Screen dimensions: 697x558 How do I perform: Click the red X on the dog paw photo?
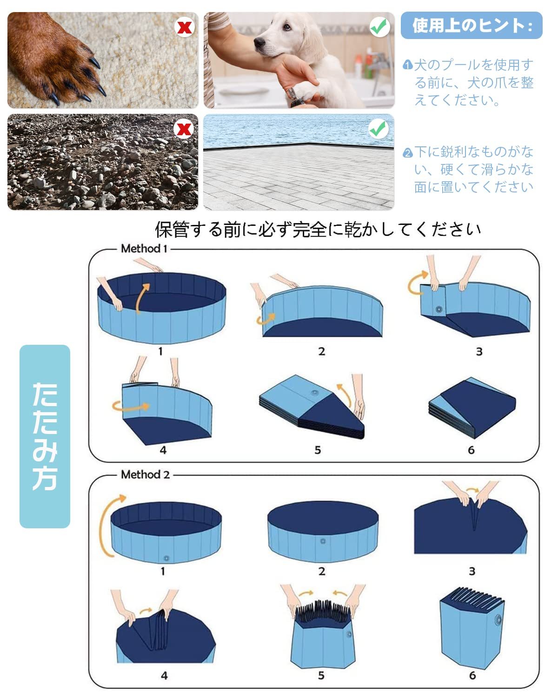(185, 27)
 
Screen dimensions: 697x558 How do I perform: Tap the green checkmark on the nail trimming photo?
(379, 27)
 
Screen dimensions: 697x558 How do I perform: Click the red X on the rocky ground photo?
(184, 129)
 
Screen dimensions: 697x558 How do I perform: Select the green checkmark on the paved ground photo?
(379, 129)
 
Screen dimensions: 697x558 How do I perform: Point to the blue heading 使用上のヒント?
(472, 26)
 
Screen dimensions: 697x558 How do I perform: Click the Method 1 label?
(144, 249)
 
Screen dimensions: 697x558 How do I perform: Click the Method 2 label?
(145, 474)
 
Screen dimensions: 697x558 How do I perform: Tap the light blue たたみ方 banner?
(45, 436)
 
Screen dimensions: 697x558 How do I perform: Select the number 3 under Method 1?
(479, 352)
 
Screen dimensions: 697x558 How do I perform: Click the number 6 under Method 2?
(472, 675)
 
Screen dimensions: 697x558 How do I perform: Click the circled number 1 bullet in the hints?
(408, 65)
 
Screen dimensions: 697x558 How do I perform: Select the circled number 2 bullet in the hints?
(408, 153)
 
